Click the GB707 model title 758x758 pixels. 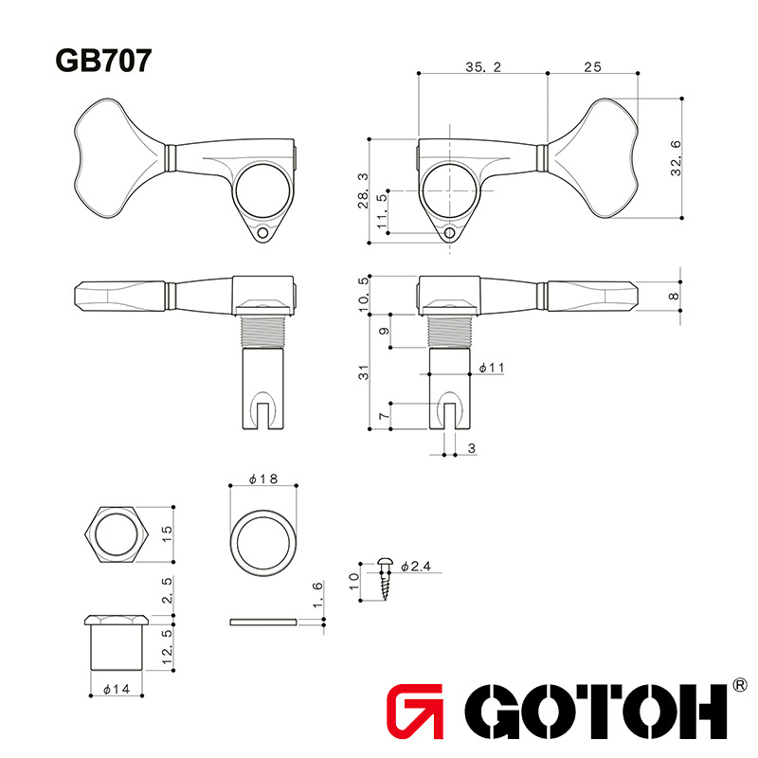[103, 61]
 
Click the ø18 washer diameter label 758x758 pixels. [262, 480]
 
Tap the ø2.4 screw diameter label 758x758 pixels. [416, 567]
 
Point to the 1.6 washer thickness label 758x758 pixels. [317, 599]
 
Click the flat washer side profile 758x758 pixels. [262, 623]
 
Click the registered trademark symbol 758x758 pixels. [741, 685]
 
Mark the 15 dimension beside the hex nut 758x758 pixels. [167, 534]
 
